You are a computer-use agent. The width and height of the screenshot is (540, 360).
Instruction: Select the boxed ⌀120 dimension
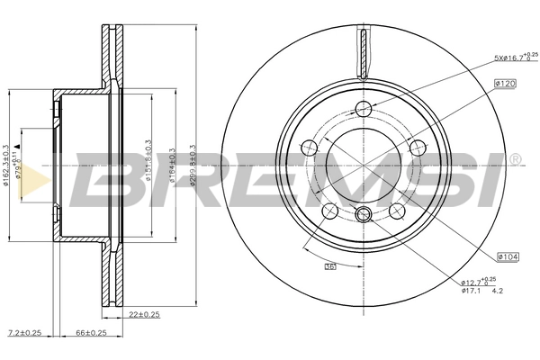coord(505,83)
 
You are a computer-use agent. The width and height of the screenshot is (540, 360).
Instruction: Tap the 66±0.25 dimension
coord(90,333)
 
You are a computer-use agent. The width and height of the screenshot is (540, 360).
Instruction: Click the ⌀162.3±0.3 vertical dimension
coord(7,166)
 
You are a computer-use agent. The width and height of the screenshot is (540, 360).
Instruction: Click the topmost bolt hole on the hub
coord(364,109)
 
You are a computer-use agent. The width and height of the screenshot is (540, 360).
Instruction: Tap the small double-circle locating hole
coord(364,214)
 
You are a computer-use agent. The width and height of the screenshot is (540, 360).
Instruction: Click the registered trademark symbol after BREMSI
coord(514,160)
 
